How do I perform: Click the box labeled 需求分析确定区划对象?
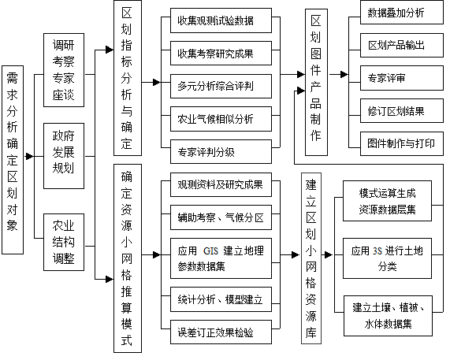coord(13,160)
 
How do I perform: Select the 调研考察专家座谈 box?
coord(64,70)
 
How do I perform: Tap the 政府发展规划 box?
coord(64,156)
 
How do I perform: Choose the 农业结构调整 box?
coord(64,242)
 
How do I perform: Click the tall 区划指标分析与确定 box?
coord(128,78)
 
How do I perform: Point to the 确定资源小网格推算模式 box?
coord(128,258)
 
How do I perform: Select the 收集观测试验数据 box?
coord(221,20)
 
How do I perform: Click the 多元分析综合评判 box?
coord(221,86)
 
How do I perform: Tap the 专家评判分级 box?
coord(221,152)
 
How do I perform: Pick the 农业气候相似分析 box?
coord(221,119)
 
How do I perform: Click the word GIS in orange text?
coord(210,251)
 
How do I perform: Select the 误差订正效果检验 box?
coord(221,332)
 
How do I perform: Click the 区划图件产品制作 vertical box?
coord(316,83)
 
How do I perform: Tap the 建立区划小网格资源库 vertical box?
coord(311,258)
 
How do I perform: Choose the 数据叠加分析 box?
coord(402,13)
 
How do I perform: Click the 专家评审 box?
coord(402,78)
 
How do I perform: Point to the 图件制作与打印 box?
coord(402,143)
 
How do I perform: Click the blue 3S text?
coord(377,251)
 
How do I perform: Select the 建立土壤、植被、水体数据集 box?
coord(388,316)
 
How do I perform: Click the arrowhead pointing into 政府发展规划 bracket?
coord(30,156)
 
